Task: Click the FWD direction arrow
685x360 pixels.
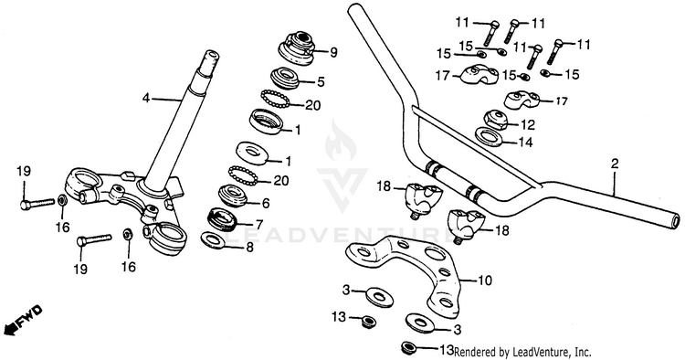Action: coord(23,320)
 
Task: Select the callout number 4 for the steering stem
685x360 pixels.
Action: coord(146,99)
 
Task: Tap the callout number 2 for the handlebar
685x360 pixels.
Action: coord(615,164)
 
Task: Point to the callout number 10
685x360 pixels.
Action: coord(485,280)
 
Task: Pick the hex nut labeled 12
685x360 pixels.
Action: coord(496,120)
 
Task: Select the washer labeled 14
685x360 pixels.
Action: coord(490,135)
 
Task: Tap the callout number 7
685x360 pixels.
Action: coord(259,225)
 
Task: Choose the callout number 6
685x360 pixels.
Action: coord(265,203)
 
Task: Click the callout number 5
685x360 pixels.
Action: coord(321,81)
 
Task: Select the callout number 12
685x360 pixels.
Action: coord(528,125)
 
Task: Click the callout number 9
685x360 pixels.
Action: coord(333,53)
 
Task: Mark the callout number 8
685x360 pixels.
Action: coord(249,248)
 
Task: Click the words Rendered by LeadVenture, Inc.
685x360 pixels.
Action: coord(522,352)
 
